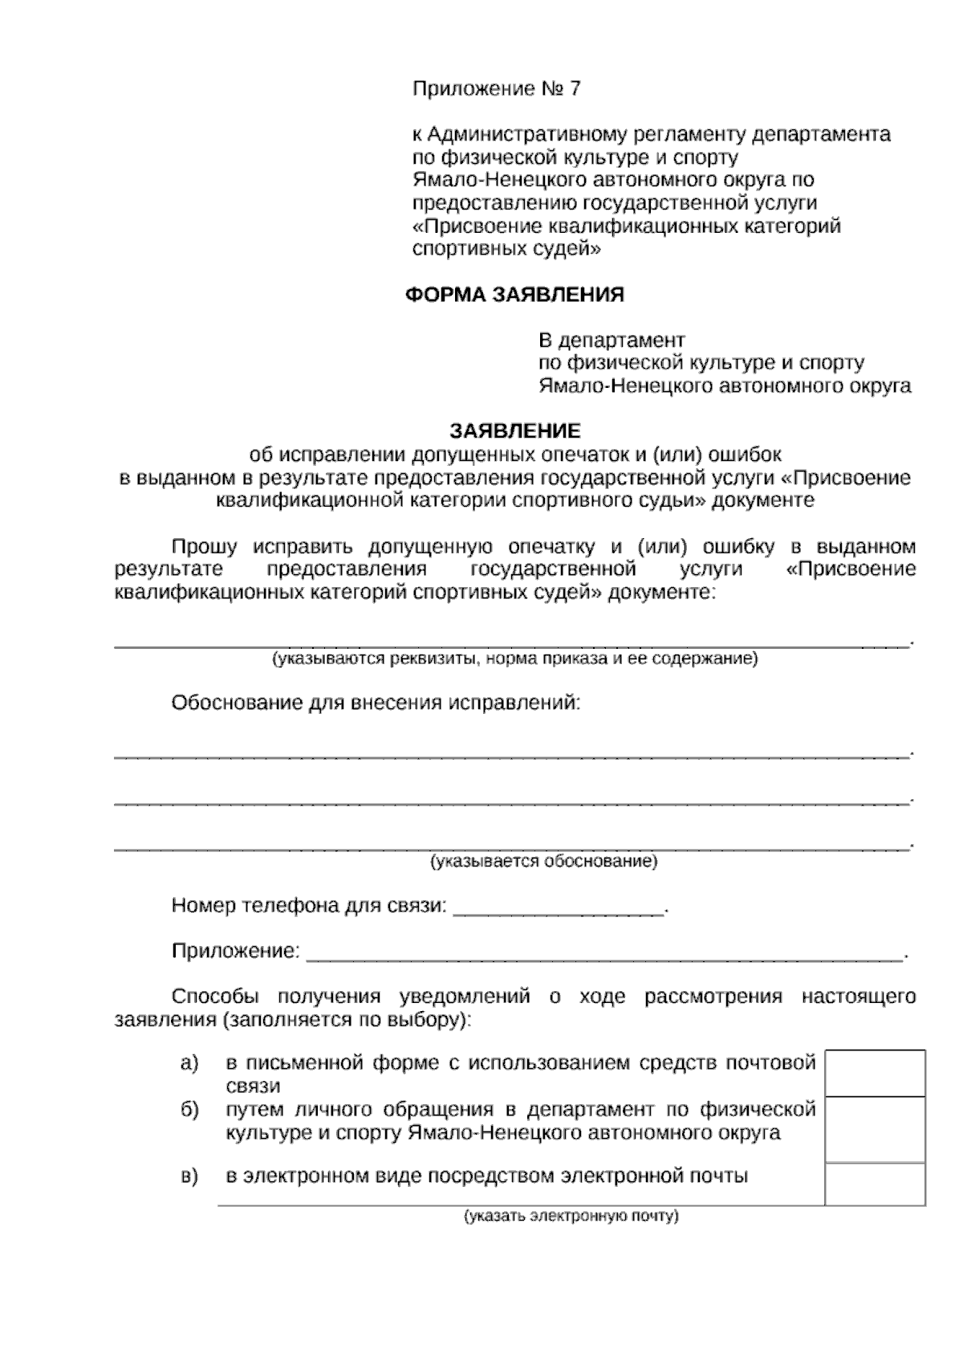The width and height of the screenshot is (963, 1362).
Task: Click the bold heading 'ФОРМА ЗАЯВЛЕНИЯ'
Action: pos(514,295)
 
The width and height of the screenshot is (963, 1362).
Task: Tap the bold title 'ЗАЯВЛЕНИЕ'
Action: pos(514,431)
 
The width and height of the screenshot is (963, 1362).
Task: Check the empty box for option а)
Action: pos(875,1073)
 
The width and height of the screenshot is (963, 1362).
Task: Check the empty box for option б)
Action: pos(875,1129)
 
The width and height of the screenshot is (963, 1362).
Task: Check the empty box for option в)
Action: pos(875,1183)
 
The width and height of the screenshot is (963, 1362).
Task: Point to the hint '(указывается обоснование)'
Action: pos(543,862)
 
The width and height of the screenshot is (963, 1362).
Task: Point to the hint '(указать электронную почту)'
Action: pos(571,1216)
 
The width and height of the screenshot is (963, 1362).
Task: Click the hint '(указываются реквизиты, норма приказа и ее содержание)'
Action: pos(514,659)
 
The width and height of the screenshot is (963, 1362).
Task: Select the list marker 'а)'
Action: pos(189,1064)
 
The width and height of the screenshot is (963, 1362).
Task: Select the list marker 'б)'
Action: pos(189,1110)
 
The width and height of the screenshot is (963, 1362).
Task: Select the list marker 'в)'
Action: pos(189,1177)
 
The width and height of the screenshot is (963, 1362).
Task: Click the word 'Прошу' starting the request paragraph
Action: pos(205,548)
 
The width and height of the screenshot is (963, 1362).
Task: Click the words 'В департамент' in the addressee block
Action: pos(612,340)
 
